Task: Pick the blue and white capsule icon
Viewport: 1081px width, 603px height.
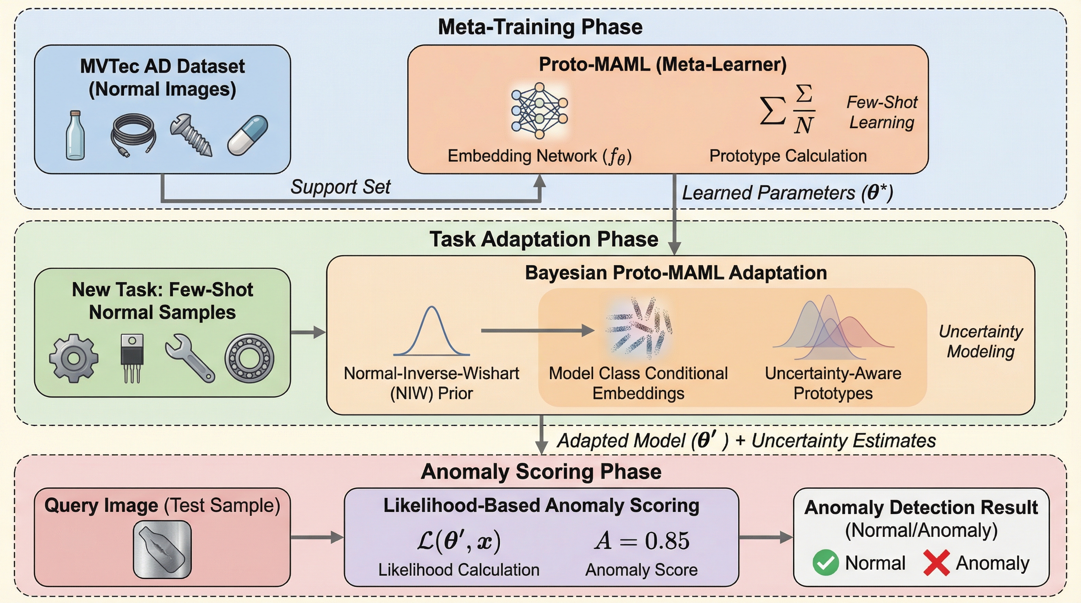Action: tap(247, 135)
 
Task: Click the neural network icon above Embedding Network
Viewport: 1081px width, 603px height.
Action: tap(539, 111)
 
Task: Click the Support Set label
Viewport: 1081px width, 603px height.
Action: tap(340, 186)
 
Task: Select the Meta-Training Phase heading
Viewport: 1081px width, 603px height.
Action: tap(540, 27)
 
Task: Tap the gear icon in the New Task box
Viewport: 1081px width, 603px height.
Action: tap(74, 358)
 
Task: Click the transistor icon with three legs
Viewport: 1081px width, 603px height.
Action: tap(132, 358)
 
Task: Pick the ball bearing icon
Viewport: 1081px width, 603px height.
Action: tap(249, 358)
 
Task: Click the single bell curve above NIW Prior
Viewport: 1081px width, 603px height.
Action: tap(431, 331)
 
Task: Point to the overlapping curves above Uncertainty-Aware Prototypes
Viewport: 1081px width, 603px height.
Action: tap(833, 329)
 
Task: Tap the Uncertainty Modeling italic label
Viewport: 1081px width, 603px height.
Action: tap(981, 341)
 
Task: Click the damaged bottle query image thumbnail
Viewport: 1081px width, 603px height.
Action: tap(162, 549)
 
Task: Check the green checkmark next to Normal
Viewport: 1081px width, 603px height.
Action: tap(825, 563)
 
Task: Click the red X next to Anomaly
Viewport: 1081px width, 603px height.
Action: tap(936, 563)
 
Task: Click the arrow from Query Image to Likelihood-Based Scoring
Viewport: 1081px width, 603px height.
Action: tap(317, 537)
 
